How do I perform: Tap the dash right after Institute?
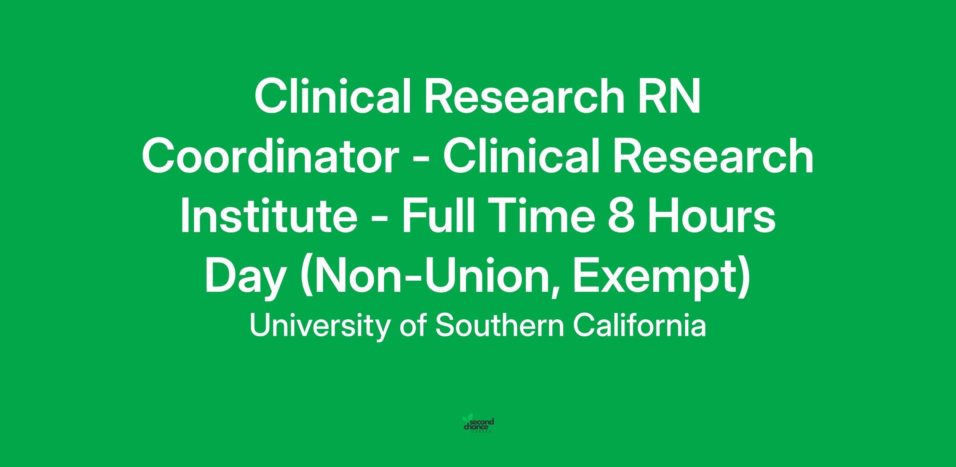click(x=380, y=223)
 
